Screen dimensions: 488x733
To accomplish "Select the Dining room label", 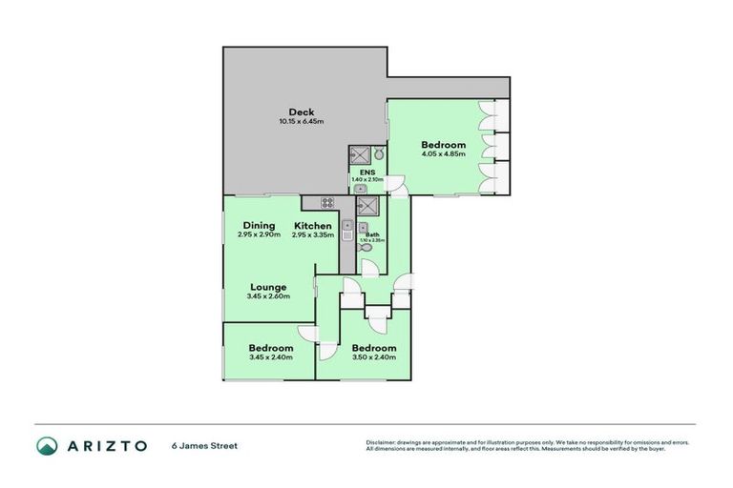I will [x=259, y=226].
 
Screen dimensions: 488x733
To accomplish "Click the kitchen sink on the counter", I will [x=348, y=228].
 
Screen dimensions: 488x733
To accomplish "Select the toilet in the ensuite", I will [x=378, y=153].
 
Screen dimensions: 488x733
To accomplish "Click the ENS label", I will [x=366, y=173].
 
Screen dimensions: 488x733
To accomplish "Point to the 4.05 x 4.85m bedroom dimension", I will [x=444, y=154].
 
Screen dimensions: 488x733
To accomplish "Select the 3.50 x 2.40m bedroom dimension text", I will [x=373, y=357].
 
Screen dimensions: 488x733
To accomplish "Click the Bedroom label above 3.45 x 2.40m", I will [x=270, y=348].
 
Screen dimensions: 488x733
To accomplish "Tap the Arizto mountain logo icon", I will [x=47, y=446].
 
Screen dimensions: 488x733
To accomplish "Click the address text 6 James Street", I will [x=203, y=446].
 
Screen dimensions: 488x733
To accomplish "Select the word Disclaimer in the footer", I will [x=382, y=443].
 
